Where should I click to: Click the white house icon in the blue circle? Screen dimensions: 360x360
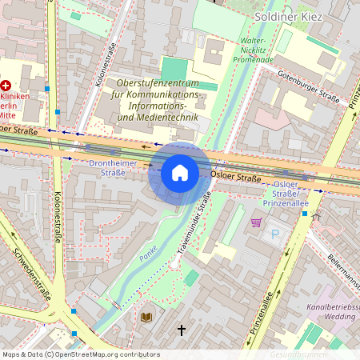(x=180, y=173)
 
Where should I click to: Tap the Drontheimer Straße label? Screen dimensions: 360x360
(x=107, y=167)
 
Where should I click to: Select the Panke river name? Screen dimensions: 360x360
(x=148, y=254)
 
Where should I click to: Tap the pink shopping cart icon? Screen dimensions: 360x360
(x=256, y=222)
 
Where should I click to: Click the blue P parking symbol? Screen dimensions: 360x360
(x=277, y=234)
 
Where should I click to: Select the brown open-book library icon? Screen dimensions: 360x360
(x=147, y=318)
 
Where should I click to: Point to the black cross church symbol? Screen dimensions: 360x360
(x=182, y=330)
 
